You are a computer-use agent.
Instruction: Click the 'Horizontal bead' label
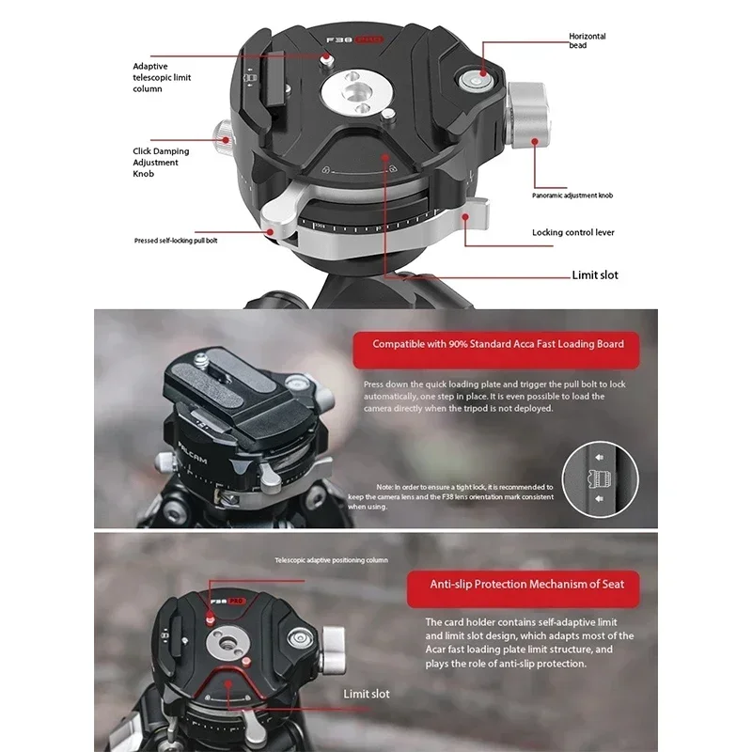587,40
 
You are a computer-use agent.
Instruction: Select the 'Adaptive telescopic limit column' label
162,77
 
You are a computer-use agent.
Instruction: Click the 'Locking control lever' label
572,232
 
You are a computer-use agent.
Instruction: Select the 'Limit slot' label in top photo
595,275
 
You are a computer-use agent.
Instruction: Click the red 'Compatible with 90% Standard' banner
497,344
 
